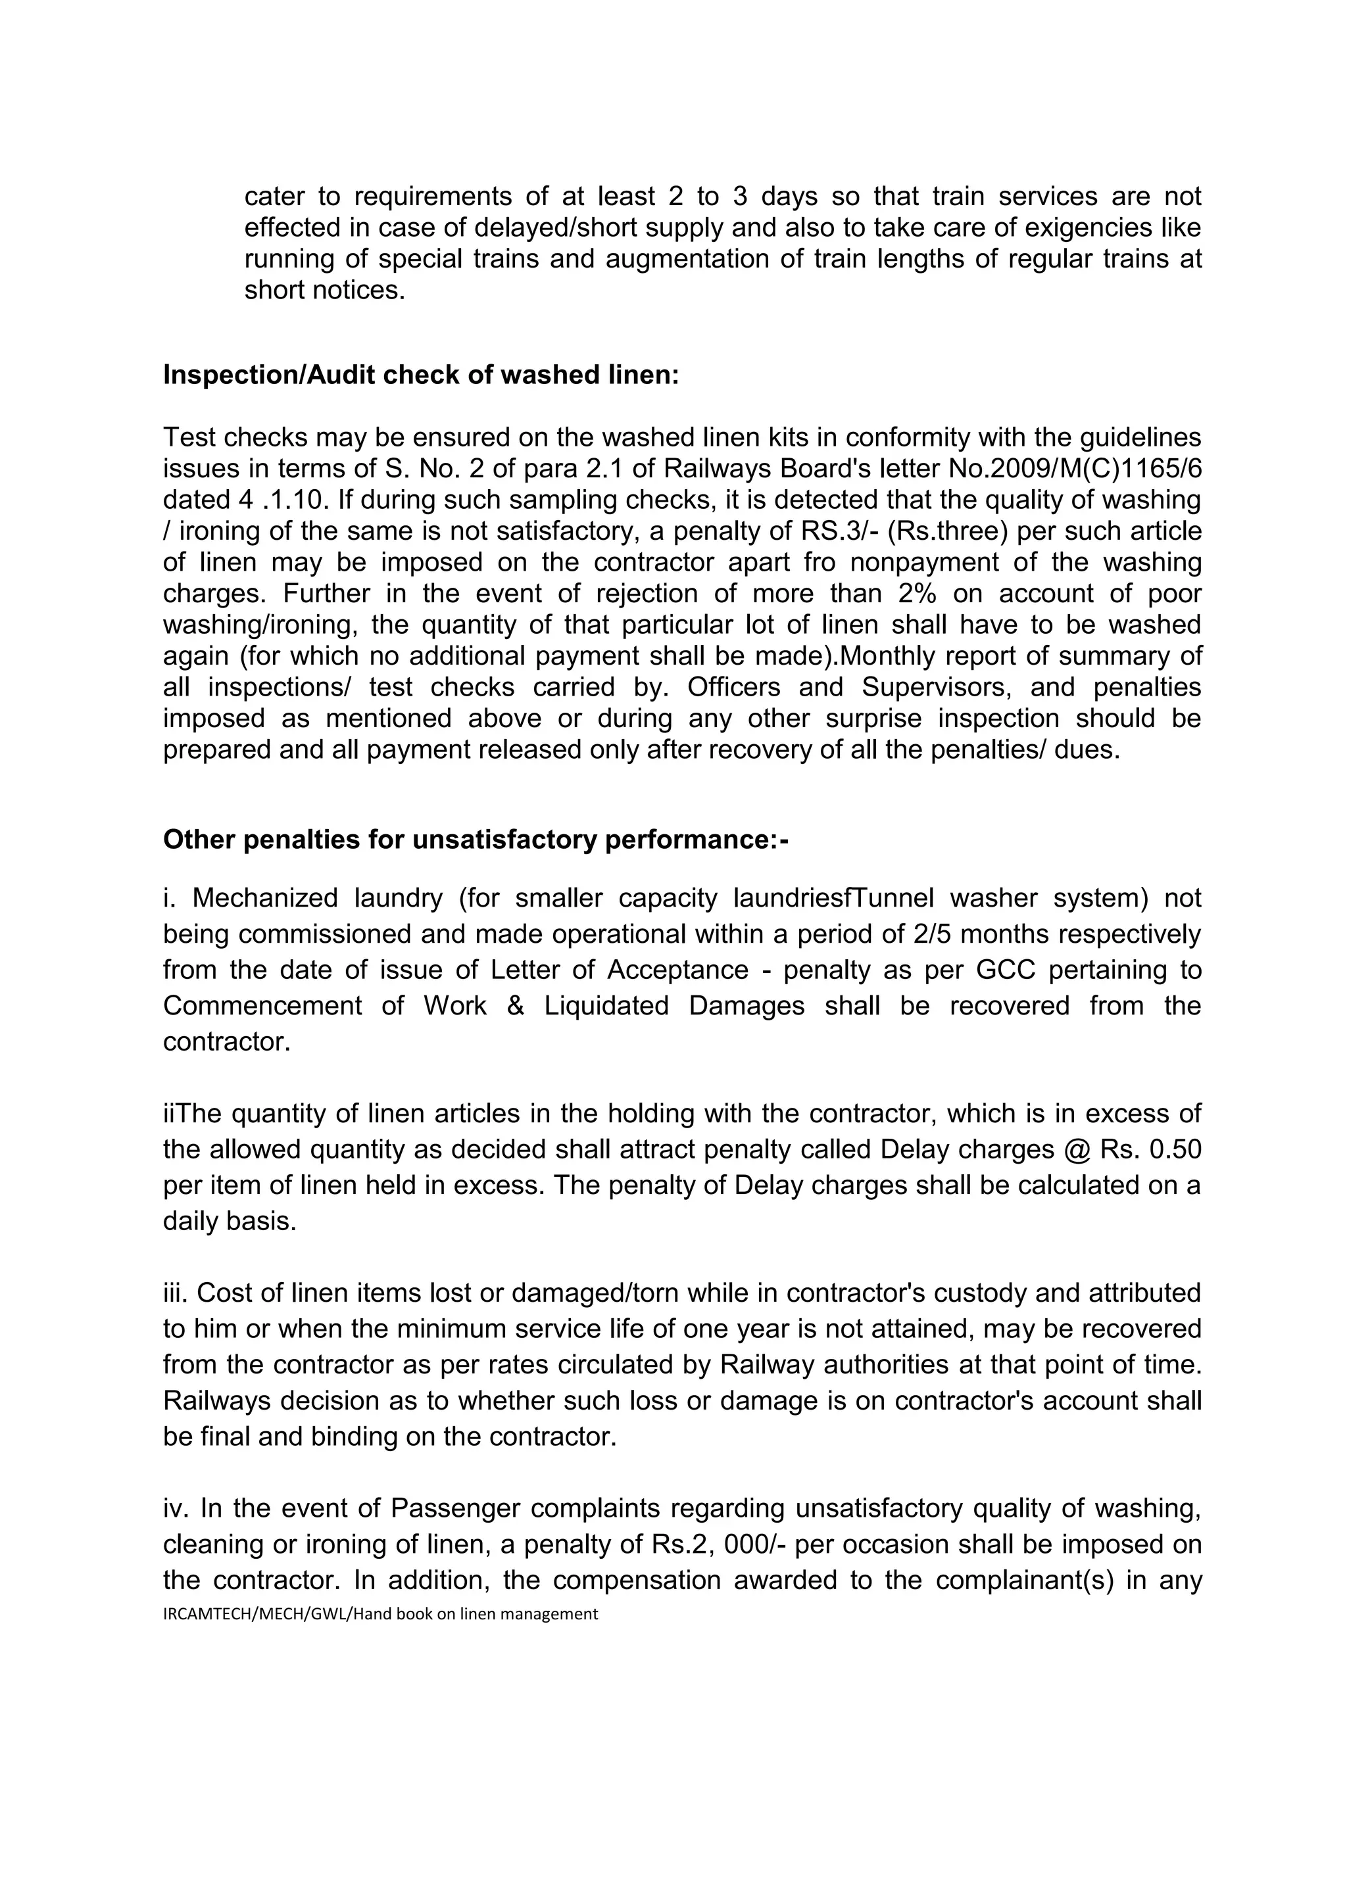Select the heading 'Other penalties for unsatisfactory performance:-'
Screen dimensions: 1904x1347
point(476,840)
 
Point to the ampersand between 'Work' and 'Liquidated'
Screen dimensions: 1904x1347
point(515,1006)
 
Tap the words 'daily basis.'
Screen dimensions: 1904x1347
point(229,1222)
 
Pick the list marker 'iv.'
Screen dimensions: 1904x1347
point(176,1508)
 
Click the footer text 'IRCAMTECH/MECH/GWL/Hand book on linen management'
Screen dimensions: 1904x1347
point(380,1614)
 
